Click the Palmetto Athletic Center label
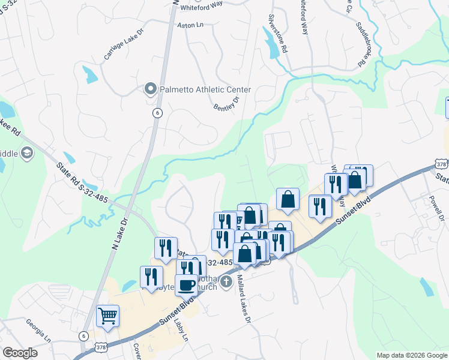(x=205, y=90)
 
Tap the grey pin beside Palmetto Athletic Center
(x=151, y=90)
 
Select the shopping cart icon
(x=107, y=315)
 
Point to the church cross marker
(x=226, y=281)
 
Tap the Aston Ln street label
(x=191, y=25)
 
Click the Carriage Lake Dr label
(x=124, y=45)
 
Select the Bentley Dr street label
(x=226, y=103)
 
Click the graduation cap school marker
(x=26, y=154)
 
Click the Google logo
(x=19, y=353)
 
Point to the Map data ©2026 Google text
(x=411, y=355)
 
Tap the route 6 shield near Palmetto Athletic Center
(x=157, y=113)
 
